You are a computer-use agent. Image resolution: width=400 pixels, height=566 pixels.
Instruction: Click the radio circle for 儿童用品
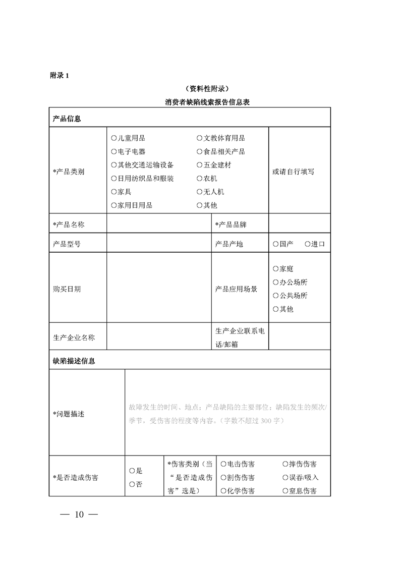pos(113,138)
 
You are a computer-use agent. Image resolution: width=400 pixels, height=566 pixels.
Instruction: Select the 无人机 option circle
pos(200,192)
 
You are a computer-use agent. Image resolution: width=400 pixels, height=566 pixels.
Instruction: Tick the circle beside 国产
pos(275,244)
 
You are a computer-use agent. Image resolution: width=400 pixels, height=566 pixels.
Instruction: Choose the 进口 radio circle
pos(308,244)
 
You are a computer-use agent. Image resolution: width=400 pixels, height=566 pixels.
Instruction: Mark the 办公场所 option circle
pos(275,282)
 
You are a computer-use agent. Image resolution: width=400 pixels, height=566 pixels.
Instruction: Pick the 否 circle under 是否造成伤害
pos(132,484)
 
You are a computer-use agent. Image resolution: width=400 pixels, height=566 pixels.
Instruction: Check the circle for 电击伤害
pos(223,464)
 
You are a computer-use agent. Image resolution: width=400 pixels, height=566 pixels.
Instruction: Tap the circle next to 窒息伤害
pos(286,491)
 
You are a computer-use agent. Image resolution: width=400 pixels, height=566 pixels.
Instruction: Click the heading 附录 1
pos(59,76)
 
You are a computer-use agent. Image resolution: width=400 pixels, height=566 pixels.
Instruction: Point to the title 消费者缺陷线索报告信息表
pos(208,102)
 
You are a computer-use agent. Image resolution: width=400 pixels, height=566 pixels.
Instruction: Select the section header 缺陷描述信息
pos(74,361)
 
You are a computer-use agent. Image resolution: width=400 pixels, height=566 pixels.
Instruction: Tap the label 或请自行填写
pos(293,172)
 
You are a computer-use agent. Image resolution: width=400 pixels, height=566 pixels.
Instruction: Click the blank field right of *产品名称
pos(158,224)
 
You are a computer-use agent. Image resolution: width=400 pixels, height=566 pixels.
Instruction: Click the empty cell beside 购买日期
pos(158,289)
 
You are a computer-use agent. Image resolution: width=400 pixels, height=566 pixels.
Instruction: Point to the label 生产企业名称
pos(74,337)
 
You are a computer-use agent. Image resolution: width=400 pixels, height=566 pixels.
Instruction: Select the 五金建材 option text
pos(217,165)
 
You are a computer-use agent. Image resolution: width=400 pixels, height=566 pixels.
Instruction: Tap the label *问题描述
pos(69,414)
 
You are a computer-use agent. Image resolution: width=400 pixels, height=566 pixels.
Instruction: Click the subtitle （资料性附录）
pos(207,89)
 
